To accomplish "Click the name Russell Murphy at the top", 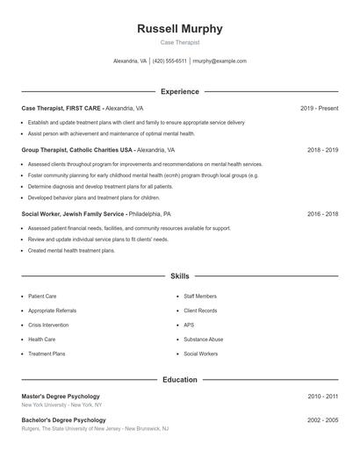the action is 180,29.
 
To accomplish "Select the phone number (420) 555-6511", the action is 170,61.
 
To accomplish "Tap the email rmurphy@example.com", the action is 220,61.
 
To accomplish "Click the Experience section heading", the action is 180,91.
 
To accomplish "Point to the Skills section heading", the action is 180,275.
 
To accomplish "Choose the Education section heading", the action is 180,380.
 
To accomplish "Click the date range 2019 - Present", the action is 319,108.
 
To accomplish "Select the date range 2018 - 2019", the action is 322,150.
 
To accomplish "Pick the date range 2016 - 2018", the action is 322,214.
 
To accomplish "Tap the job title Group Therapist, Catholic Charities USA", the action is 77,150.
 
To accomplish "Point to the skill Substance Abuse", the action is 204,339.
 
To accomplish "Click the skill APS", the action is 189,325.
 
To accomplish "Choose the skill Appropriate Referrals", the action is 52,311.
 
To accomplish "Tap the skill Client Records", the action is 200,311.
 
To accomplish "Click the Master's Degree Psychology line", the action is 61,397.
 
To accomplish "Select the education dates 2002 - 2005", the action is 322,420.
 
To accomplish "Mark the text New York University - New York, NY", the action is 61,405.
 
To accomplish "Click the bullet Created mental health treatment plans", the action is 71,250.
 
